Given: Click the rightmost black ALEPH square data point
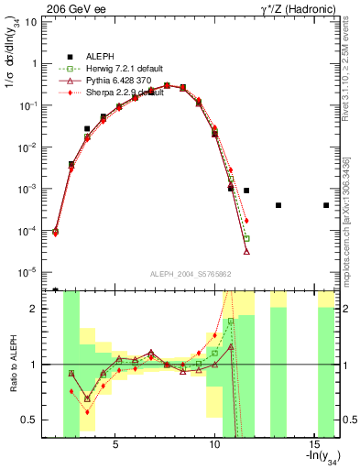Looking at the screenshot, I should [x=326, y=205].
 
